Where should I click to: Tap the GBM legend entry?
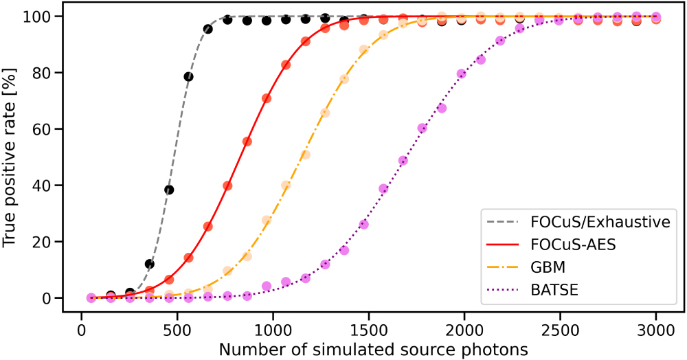[x=548, y=267]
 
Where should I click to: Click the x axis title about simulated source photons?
[x=373, y=348]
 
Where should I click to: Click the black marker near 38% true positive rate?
[x=169, y=190]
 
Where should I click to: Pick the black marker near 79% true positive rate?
[x=188, y=76]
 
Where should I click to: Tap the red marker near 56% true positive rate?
[x=247, y=142]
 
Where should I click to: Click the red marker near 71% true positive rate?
[x=267, y=98]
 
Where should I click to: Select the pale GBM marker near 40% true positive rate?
[x=286, y=185]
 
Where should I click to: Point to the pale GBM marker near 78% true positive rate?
[x=344, y=79]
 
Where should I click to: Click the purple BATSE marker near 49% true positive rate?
[x=403, y=161]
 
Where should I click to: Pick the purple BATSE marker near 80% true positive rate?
[x=461, y=74]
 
